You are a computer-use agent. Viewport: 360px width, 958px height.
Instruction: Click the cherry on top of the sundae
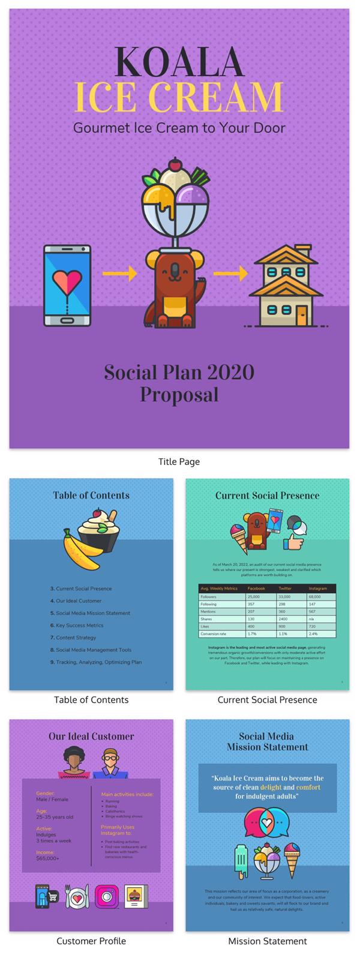(175, 163)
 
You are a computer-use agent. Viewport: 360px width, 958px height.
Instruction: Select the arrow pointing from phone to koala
(119, 274)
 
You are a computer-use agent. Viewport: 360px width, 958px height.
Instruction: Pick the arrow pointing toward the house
(230, 274)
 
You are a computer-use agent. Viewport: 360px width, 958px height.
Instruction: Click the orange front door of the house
(300, 313)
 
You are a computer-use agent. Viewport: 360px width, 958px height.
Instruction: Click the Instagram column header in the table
(318, 589)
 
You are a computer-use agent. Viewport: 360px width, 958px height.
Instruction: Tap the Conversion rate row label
(213, 633)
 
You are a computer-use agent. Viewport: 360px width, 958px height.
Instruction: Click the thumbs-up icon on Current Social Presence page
(293, 543)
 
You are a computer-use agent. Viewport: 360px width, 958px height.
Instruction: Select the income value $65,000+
(47, 858)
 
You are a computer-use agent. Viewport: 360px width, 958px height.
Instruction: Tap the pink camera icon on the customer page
(106, 896)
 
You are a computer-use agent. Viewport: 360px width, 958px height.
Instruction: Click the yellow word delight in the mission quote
(271, 787)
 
